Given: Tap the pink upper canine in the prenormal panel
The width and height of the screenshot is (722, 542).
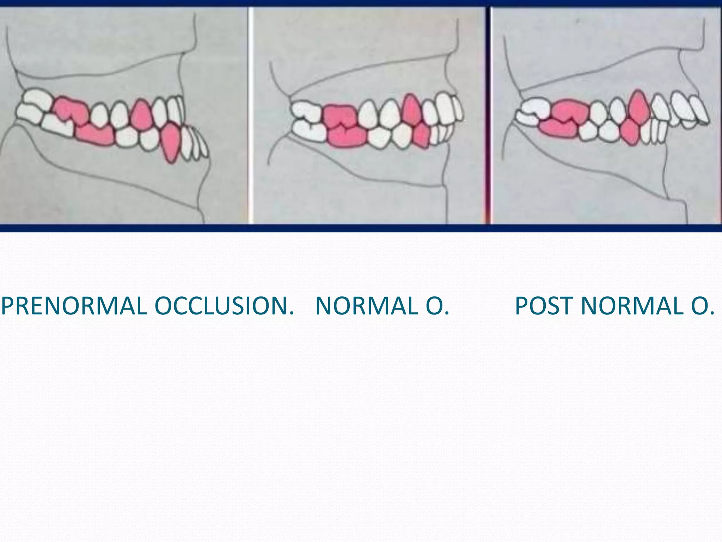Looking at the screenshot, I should (141, 113).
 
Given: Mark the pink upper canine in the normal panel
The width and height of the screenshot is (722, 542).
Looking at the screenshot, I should (411, 109).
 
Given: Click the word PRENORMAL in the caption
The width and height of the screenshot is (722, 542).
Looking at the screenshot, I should (74, 306).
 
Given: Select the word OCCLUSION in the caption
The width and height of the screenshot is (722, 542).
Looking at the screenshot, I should (224, 306).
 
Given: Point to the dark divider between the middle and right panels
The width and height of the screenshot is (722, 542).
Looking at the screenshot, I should (488, 116).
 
